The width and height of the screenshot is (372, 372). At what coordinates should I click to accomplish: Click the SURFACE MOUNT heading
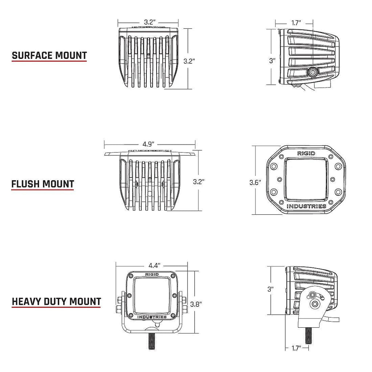tap(49, 56)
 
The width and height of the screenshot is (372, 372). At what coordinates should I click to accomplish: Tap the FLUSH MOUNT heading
tap(43, 184)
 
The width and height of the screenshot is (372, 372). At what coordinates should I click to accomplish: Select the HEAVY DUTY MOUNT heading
tap(56, 302)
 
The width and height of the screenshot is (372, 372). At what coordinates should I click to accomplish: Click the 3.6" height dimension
tap(255, 182)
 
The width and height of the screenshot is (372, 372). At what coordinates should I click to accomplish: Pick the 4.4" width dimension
tap(154, 266)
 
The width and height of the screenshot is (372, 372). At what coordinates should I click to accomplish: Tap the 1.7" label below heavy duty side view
tap(296, 348)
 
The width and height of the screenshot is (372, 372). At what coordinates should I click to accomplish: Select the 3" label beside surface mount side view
tap(272, 61)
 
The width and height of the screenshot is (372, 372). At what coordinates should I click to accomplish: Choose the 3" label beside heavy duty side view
tap(270, 289)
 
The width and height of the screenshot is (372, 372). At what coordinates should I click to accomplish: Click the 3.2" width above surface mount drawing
tap(149, 22)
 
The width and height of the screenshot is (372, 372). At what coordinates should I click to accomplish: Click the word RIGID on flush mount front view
tap(306, 153)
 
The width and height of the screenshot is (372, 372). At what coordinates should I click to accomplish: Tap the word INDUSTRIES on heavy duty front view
tap(152, 317)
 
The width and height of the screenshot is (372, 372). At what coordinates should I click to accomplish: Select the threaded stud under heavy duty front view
tap(151, 342)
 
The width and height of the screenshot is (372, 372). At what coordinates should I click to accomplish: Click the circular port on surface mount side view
tap(312, 72)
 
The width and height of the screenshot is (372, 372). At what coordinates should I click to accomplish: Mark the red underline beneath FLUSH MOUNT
tap(43, 190)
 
